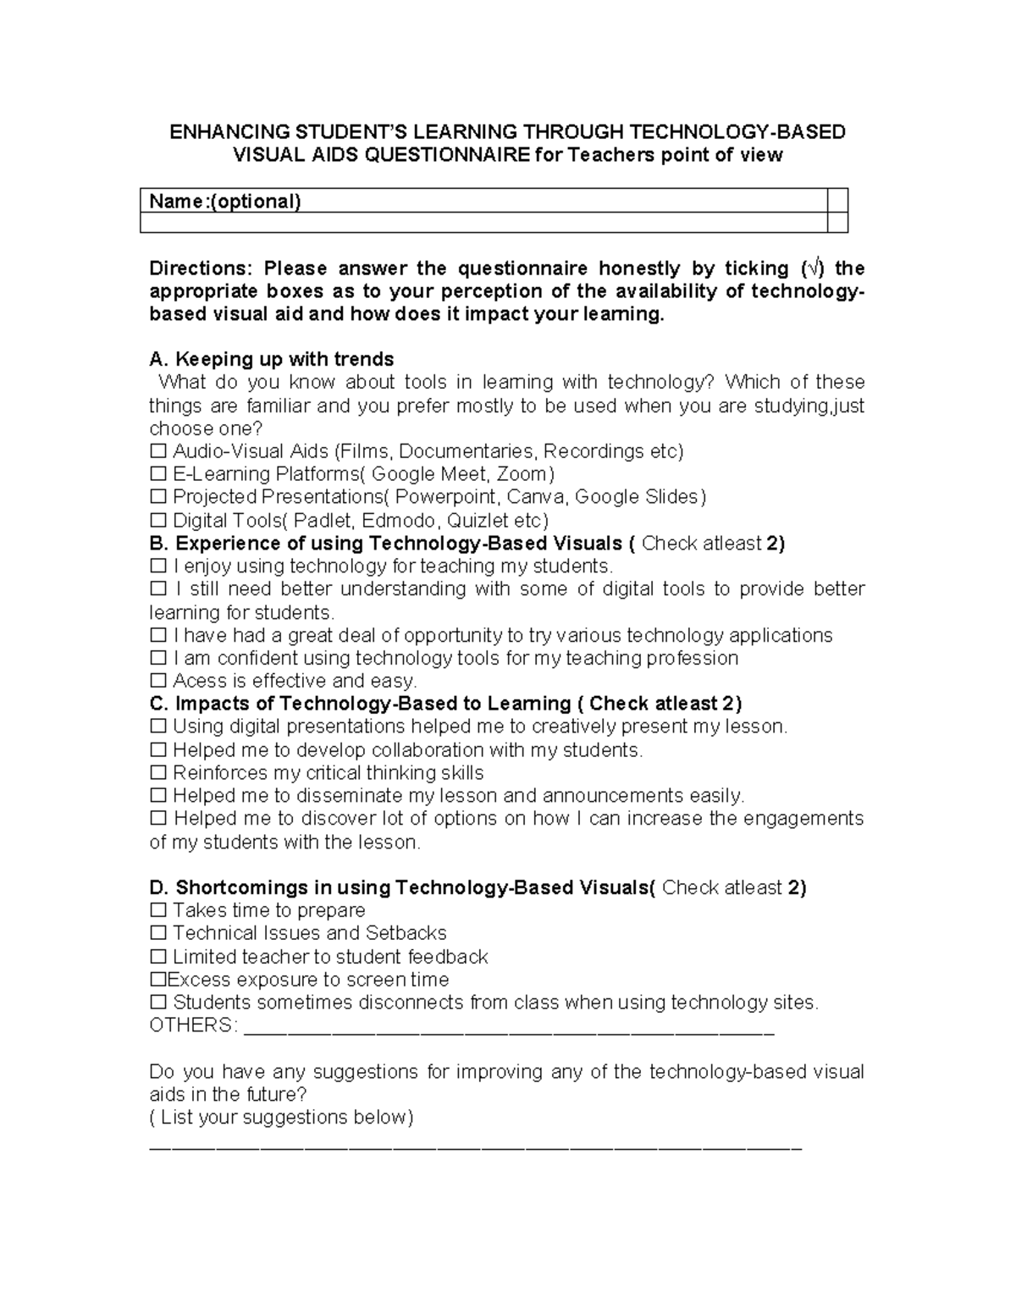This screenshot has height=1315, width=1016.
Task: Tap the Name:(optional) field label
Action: click(224, 201)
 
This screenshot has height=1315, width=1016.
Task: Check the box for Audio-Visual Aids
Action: click(157, 451)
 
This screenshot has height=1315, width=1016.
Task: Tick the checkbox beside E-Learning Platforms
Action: click(157, 474)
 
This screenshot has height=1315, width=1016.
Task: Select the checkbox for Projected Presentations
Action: click(157, 497)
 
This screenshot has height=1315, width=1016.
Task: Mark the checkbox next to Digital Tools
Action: click(157, 520)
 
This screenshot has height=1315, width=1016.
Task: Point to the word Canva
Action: click(535, 497)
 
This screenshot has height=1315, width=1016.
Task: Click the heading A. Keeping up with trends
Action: click(271, 359)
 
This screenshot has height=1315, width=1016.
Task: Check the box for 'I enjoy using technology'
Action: click(157, 566)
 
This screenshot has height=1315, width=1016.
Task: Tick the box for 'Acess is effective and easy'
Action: click(157, 681)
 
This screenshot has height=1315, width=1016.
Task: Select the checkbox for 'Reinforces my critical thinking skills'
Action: click(157, 773)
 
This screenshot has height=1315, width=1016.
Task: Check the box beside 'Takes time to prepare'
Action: click(157, 911)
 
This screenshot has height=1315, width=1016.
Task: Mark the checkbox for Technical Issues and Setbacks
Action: click(157, 934)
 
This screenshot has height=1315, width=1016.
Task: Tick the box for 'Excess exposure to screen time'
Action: click(157, 980)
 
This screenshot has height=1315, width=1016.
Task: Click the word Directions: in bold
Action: click(201, 269)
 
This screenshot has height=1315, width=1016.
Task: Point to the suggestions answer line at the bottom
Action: click(474, 1148)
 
